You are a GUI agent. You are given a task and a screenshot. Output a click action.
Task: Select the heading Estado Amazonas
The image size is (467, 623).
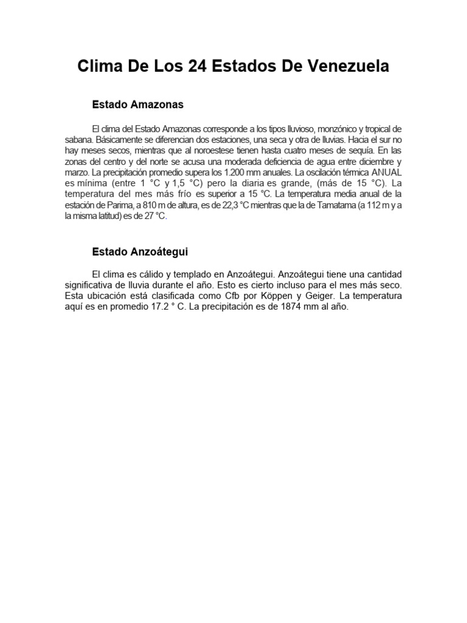137,105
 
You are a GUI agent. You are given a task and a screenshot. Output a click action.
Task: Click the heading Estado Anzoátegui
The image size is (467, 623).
140,251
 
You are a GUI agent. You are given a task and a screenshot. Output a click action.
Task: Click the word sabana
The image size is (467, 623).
79,140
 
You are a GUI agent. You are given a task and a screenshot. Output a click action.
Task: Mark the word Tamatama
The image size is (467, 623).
337,205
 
